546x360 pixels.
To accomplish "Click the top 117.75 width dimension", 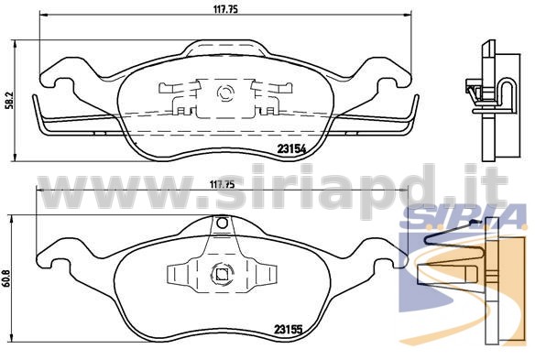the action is tap(225, 9).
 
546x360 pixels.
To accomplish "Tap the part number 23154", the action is tap(292, 149).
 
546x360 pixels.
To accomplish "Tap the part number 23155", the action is tap(289, 329).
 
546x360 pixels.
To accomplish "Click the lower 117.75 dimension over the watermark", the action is tap(222, 185).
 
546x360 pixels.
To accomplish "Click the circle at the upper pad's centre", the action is tap(225, 93).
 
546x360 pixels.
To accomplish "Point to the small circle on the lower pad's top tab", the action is tap(222, 223).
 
